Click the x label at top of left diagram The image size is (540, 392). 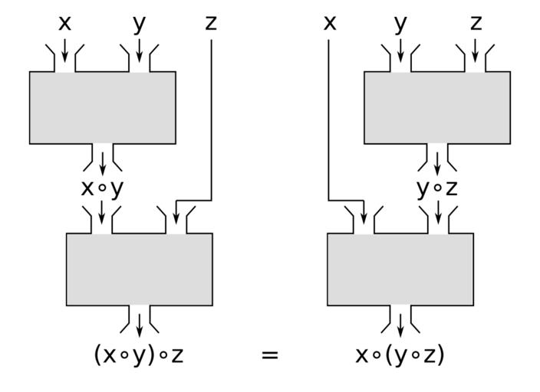(x=64, y=24)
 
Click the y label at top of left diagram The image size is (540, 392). (x=138, y=24)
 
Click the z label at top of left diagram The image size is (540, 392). (x=211, y=24)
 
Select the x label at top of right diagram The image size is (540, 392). (x=330, y=24)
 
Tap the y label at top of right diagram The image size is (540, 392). (x=400, y=24)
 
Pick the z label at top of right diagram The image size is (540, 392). (x=476, y=24)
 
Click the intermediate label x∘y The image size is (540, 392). (x=102, y=188)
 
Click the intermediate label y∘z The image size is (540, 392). (x=437, y=188)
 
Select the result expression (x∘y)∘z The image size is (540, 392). (x=139, y=354)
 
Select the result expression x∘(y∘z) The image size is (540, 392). (x=400, y=354)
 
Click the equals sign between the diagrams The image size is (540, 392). (x=269, y=355)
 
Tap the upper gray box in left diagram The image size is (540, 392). (x=102, y=107)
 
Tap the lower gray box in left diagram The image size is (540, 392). (x=139, y=269)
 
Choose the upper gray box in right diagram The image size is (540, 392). (x=436, y=107)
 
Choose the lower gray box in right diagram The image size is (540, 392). (x=400, y=269)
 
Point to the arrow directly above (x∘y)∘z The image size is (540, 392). (x=139, y=325)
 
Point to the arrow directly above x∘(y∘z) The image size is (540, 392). (x=400, y=325)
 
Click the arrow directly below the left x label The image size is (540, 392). (x=64, y=51)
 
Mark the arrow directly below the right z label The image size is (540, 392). (x=476, y=51)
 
